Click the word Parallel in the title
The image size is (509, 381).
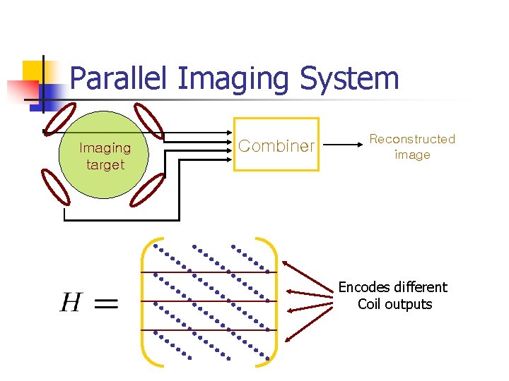pos(118,79)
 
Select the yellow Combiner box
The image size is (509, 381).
pos(276,145)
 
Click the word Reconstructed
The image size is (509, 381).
pos(412,139)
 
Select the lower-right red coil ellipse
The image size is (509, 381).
pos(148,189)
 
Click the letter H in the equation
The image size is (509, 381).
pos(71,303)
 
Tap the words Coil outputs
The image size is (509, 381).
pos(394,304)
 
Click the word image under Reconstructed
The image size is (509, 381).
pos(412,155)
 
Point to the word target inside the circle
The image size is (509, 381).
pos(105,165)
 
